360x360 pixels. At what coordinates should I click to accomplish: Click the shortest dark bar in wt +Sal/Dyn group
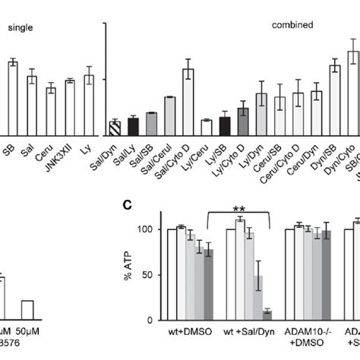click(x=267, y=312)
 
